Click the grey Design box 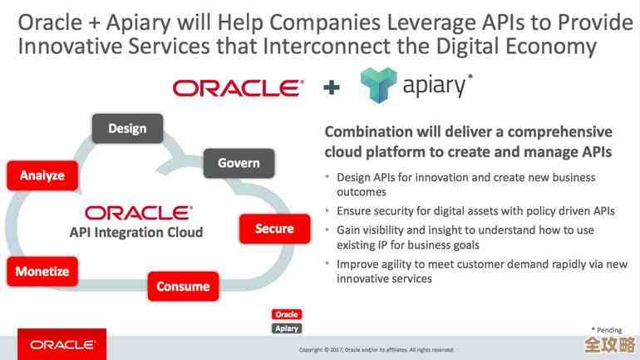[127, 128]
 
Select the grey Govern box [239, 163]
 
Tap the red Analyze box [42, 175]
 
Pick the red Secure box [274, 229]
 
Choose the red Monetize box [42, 271]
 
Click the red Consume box [183, 286]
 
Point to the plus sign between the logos [332, 87]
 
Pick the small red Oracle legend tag [287, 314]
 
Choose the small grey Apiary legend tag [287, 328]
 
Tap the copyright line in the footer [376, 349]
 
